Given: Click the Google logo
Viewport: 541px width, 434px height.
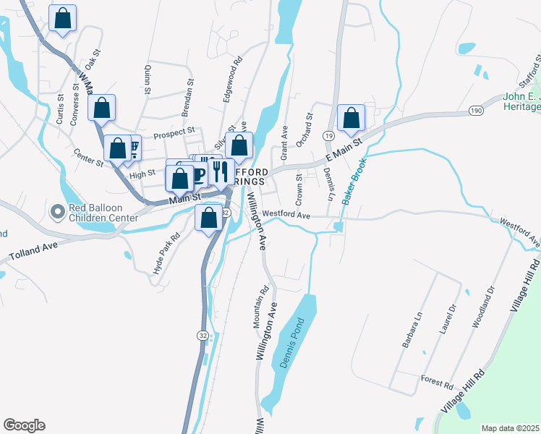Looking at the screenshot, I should pyautogui.click(x=24, y=425).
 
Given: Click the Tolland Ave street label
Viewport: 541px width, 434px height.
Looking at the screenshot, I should pyautogui.click(x=33, y=252).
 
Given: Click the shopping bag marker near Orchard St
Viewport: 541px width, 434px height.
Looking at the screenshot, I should pyautogui.click(x=351, y=116).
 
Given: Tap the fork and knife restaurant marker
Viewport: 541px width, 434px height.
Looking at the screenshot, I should pyautogui.click(x=221, y=171).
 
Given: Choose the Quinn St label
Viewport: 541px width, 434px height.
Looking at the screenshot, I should pyautogui.click(x=148, y=79).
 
